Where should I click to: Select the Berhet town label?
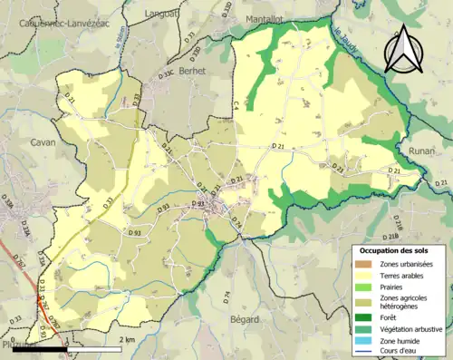coord(192,70)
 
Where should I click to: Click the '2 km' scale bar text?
coord(127,340)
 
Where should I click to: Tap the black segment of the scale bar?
coord(41,348)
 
